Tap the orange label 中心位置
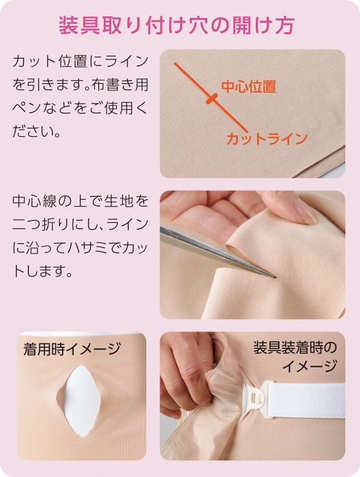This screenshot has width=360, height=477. [248, 87]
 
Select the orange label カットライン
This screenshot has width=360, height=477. [267, 138]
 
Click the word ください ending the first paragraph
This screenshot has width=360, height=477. [37, 130]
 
